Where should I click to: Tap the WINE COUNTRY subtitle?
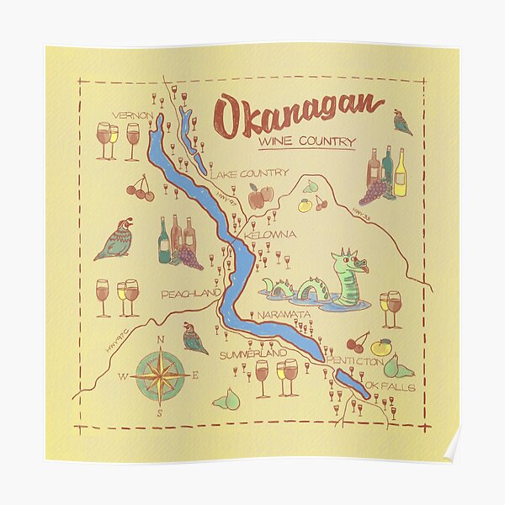pos(306,143)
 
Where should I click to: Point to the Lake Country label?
pos(248,174)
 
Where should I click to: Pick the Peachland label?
pos(190,294)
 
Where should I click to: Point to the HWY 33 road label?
pos(362,215)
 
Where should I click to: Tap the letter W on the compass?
pos(124,376)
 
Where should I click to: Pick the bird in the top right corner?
pos(402,123)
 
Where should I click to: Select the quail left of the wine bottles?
pos(115,240)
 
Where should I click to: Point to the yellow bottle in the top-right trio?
pos(400,173)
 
